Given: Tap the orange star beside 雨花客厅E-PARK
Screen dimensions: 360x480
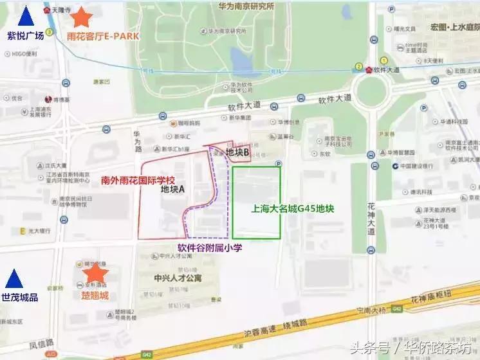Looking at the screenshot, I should [82, 17].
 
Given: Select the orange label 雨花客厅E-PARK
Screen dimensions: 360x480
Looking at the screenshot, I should [103, 36].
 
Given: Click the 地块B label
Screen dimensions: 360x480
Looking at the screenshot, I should [237, 152].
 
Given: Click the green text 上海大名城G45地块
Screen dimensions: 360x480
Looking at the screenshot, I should [293, 208].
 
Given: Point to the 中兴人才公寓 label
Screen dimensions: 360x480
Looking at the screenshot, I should [178, 278].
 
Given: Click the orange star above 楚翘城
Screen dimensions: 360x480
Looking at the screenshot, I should [95, 276].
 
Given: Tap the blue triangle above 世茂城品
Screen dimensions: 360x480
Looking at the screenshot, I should [14, 279].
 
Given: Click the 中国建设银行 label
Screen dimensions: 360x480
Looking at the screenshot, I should [423, 166].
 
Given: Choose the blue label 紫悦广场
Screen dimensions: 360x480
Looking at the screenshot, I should [26, 36].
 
